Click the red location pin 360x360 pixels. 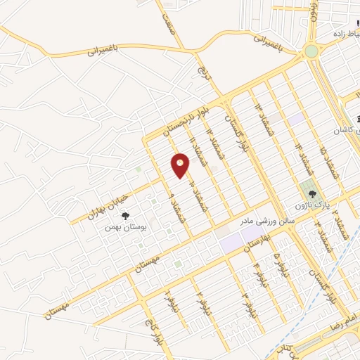click(x=180, y=166)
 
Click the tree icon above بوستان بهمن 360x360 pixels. click(x=126, y=216)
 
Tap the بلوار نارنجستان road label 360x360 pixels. click(x=186, y=120)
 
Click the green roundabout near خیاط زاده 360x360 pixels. click(x=310, y=51)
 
